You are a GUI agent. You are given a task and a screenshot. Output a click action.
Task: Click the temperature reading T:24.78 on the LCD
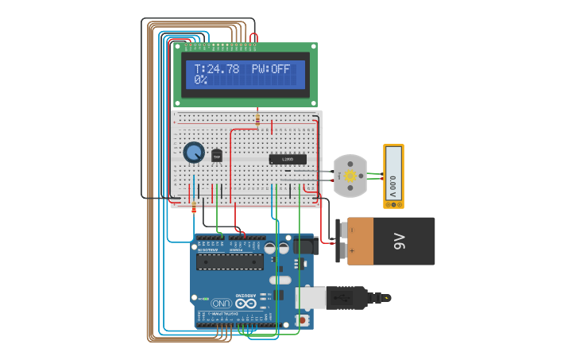tap(217, 69)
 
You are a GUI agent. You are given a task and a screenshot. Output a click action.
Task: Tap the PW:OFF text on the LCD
tap(271, 69)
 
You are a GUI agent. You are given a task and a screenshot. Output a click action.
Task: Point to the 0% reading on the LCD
tap(200, 80)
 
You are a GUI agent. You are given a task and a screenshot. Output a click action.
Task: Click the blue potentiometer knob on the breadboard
tap(193, 152)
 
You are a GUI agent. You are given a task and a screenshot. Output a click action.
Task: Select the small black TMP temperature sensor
tap(217, 156)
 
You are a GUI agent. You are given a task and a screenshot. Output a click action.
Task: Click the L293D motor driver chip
tap(287, 159)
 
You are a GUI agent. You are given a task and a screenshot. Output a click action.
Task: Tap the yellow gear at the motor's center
tap(350, 175)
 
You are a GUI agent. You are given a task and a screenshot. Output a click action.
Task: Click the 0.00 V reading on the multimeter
tap(393, 188)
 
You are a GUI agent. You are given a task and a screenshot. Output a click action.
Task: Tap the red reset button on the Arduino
tap(303, 319)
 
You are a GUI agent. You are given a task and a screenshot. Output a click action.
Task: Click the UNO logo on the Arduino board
tap(221, 303)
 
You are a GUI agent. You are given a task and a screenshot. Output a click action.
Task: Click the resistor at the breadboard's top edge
tap(257, 120)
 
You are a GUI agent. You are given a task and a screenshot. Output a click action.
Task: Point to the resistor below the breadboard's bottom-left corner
tap(195, 208)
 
